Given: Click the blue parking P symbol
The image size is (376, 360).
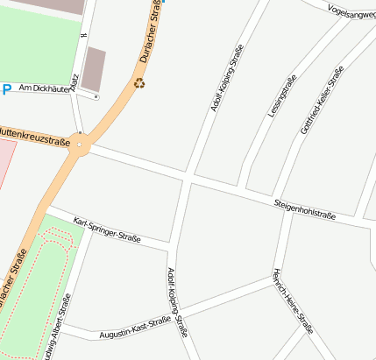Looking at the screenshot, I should point(7,88).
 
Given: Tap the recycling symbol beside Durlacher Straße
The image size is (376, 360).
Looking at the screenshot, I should point(139,84).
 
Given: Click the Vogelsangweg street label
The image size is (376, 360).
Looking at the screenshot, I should point(350,11).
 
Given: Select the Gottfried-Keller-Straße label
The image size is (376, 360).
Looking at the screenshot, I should point(322,101).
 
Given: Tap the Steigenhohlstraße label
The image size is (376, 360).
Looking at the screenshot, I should point(305,208).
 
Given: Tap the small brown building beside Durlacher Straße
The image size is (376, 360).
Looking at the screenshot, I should point(93,69).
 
